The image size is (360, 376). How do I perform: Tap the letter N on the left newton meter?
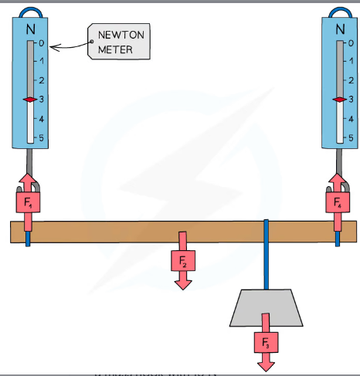pos(30,29)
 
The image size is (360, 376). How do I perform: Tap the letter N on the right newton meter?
pos(340,29)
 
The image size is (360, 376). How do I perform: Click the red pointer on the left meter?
pos(29,100)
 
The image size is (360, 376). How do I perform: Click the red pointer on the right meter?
pos(339,100)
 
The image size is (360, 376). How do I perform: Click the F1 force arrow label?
pos(29,203)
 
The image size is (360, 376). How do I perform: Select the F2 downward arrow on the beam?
pos(183,260)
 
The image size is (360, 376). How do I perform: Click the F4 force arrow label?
pos(338,203)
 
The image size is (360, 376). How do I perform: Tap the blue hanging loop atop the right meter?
pos(340,11)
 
